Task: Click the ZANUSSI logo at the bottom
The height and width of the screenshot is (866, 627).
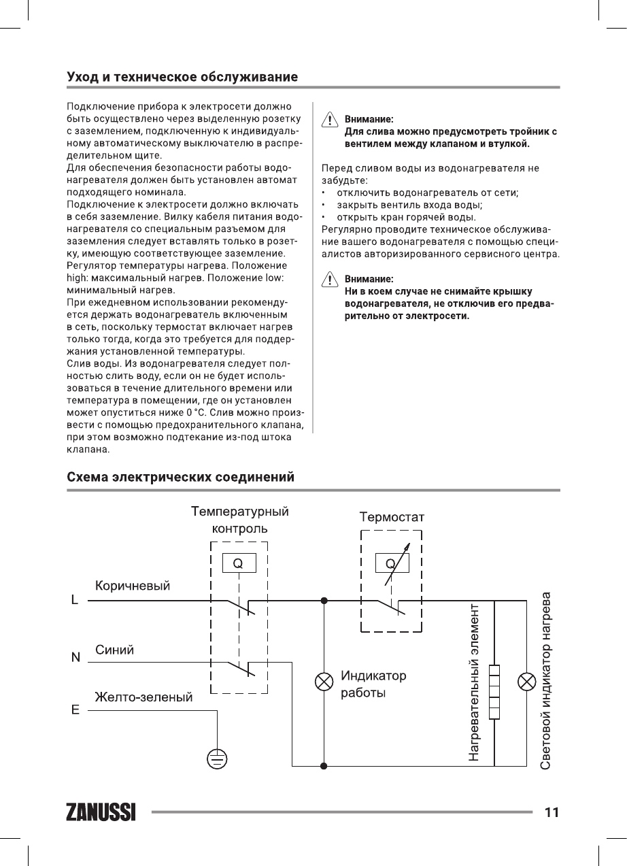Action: pos(101,812)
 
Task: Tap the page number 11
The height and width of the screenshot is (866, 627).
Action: pos(551,812)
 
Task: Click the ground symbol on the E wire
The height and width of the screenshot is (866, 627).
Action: pos(217,759)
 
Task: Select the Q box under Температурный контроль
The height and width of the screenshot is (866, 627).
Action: pos(238,563)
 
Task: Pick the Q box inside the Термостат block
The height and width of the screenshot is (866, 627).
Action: pos(390,563)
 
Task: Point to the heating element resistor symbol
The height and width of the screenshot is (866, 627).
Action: pos(494,691)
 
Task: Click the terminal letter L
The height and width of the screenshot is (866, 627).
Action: pos(75,601)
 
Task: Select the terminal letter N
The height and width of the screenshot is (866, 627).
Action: pos(75,658)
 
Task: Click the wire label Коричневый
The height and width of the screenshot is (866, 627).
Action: pos(133,586)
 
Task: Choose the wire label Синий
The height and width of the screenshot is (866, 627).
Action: pos(114,650)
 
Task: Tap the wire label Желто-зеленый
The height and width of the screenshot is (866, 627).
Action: pos(143,697)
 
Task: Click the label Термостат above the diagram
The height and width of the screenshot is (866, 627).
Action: pos(392,518)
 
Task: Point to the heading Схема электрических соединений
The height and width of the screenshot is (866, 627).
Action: pos(180,477)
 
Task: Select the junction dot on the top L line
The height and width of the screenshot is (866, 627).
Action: pos(324,601)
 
